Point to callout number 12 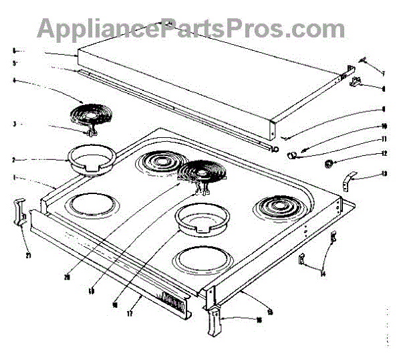click(384, 155)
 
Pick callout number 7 click(384, 72)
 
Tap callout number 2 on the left click(13, 161)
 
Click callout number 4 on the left click(13, 82)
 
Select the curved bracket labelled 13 click(348, 179)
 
